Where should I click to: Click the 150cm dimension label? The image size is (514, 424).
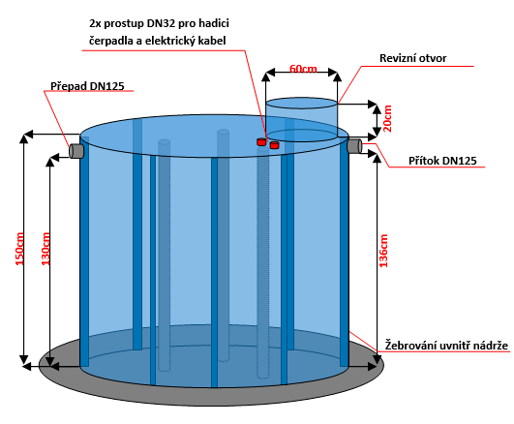[19, 249]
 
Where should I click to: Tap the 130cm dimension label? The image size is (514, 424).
[45, 249]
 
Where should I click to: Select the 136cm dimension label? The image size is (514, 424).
[383, 251]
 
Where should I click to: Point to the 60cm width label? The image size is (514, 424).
[303, 69]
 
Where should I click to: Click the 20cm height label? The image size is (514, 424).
[387, 118]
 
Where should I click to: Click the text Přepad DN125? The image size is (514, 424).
[87, 86]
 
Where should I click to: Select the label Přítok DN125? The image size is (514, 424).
[442, 161]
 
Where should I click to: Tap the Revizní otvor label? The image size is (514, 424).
[412, 58]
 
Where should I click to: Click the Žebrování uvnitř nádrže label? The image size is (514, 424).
[446, 346]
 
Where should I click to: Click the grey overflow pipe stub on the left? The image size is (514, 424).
[76, 151]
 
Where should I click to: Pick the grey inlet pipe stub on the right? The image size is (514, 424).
[355, 145]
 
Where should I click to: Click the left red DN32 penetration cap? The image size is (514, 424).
[261, 141]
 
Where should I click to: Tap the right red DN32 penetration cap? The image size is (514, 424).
[274, 144]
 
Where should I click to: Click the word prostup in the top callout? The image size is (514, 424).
[124, 24]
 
